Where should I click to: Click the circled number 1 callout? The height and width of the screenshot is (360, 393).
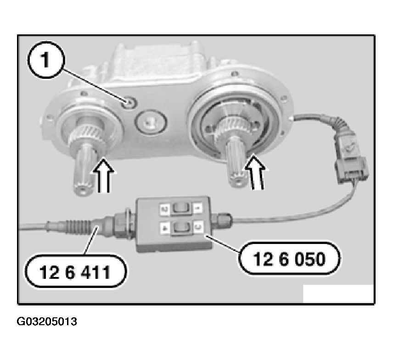[x=45, y=61]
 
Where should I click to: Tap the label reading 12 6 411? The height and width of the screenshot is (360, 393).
[x=75, y=272]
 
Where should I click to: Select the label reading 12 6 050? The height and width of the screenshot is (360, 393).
[x=290, y=258]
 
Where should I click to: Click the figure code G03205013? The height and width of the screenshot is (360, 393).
[x=47, y=321]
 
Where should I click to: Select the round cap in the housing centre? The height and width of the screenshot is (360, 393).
[x=151, y=122]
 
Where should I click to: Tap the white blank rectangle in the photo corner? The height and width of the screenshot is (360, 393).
[x=338, y=294]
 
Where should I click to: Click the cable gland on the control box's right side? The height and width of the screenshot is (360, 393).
[x=221, y=219]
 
